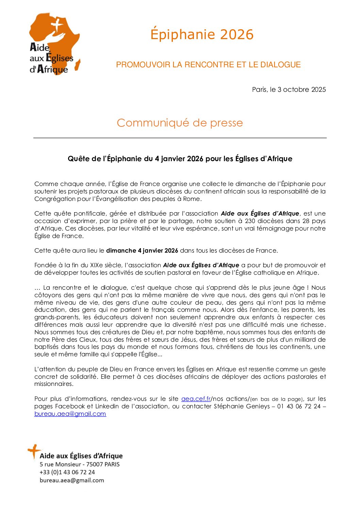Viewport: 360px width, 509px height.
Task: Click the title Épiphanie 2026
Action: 202,35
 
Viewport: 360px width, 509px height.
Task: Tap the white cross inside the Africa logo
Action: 57,26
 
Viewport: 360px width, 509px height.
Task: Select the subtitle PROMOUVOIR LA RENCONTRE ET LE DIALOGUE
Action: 208,65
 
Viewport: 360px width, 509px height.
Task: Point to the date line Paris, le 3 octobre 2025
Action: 289,89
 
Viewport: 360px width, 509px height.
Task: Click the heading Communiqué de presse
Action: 180,123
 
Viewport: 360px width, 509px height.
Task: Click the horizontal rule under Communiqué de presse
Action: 180,138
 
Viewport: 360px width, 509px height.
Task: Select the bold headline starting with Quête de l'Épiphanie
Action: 180,159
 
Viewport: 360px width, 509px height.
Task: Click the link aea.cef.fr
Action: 196,399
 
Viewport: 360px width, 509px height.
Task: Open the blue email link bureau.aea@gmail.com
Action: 70,414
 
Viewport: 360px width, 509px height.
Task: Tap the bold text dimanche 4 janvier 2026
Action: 142,251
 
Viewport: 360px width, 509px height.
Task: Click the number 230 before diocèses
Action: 250,221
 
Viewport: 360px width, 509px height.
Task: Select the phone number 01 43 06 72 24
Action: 299,406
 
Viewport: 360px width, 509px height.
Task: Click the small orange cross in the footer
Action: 34,451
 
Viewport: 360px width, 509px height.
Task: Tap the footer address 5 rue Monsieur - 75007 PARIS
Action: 80,464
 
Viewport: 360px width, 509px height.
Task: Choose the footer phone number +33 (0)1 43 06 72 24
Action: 67,472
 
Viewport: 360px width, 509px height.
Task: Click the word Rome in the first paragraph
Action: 192,199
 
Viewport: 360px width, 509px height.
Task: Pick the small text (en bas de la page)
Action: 276,399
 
